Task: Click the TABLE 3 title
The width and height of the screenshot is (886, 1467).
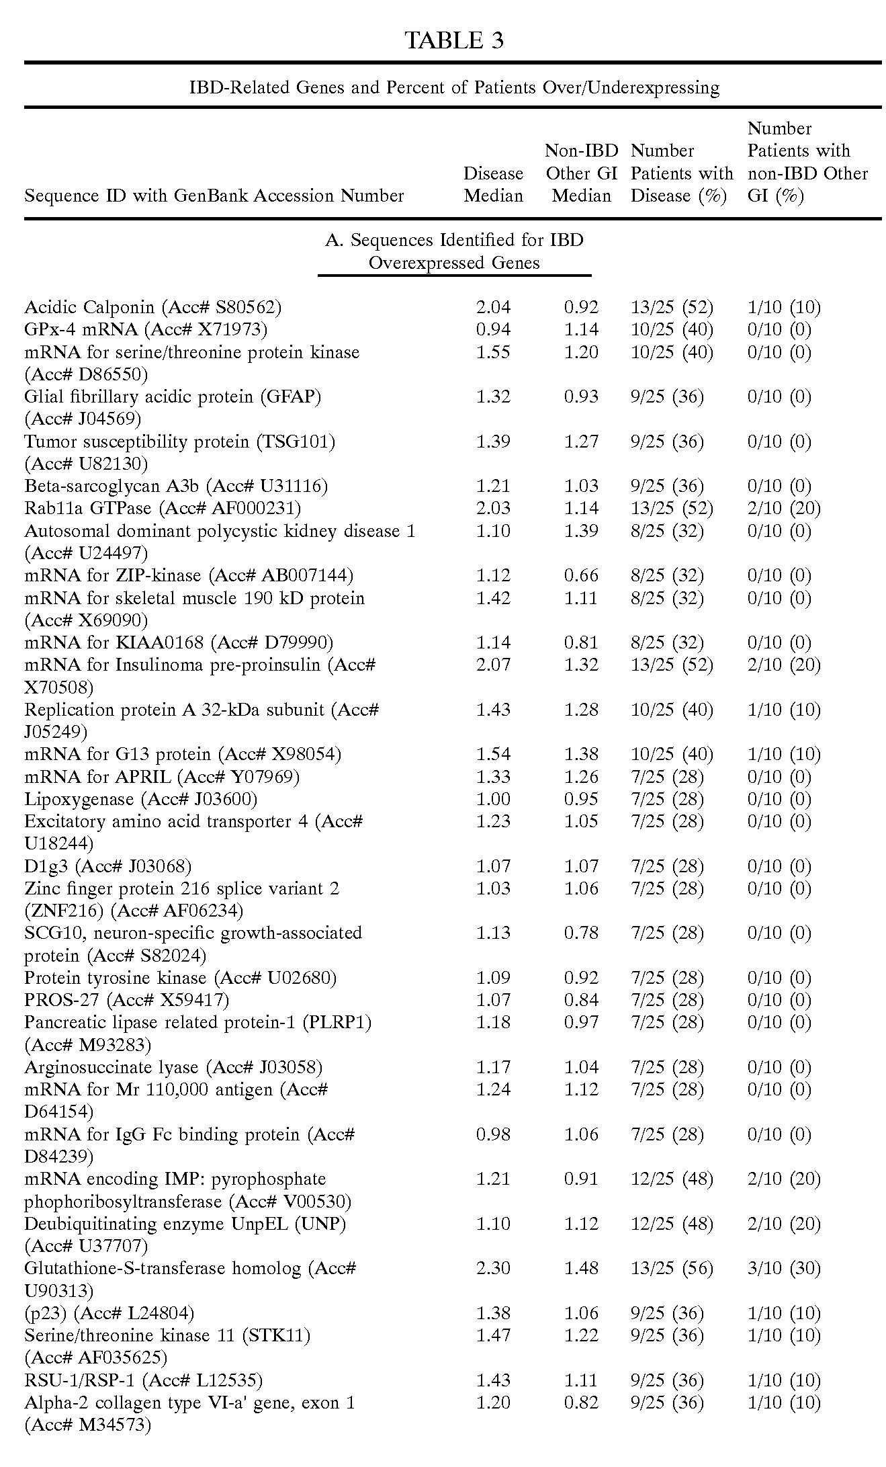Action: pos(454,41)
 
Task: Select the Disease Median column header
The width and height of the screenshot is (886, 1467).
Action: pos(493,185)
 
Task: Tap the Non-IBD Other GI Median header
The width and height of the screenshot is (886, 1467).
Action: pos(581,173)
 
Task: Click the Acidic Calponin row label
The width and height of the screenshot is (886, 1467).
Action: pos(153,307)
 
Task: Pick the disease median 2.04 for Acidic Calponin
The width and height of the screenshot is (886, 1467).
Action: pos(493,307)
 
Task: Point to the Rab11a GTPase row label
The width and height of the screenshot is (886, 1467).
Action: pos(163,508)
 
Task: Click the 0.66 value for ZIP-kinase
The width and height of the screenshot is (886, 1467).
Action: pos(581,575)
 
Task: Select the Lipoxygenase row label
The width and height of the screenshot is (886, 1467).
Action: pos(141,799)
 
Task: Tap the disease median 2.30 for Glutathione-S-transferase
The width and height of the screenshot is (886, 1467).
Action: pos(493,1268)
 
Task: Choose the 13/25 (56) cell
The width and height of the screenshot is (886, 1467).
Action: pos(672,1268)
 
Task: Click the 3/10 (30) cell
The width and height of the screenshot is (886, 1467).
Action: pos(784,1268)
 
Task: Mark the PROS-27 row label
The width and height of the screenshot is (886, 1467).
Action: pos(127,1000)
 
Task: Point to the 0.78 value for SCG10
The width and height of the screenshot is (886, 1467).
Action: pos(581,933)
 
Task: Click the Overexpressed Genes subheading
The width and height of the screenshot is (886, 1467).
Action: pos(454,263)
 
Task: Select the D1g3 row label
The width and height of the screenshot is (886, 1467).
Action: pos(108,866)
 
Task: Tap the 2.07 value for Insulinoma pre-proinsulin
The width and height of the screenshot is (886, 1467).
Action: pos(493,665)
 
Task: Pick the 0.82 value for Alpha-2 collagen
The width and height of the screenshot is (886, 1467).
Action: pos(581,1402)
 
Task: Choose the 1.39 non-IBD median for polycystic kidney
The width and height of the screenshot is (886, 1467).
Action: pos(581,531)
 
